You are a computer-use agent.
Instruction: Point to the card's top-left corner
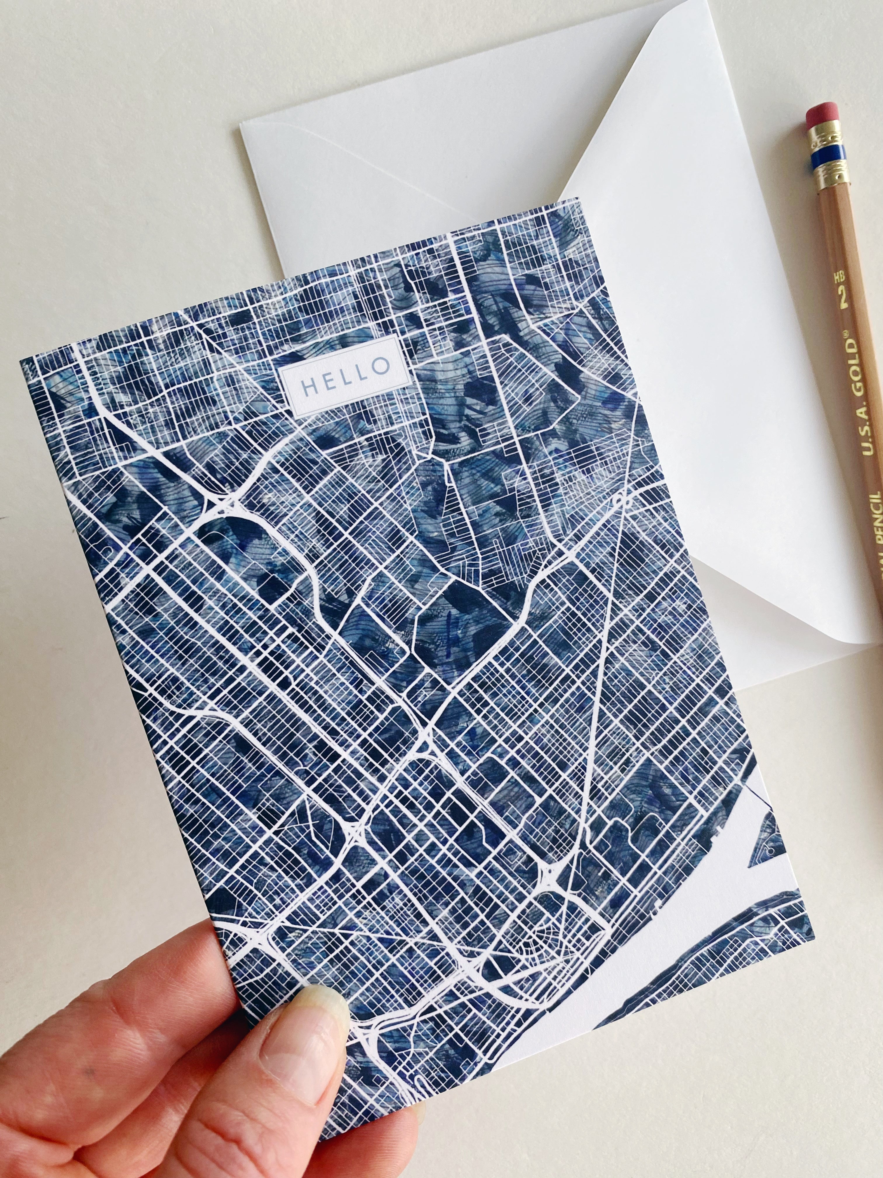21,360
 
